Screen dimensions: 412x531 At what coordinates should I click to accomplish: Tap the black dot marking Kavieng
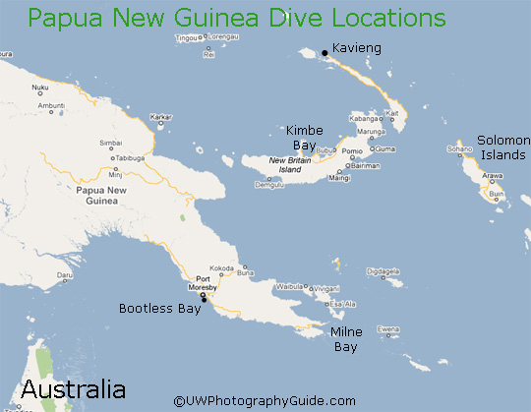click(x=324, y=53)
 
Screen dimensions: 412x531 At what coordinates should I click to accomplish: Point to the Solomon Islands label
click(x=501, y=147)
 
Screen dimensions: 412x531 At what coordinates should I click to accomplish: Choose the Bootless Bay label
click(x=159, y=308)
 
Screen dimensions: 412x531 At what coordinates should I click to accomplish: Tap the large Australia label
click(x=74, y=388)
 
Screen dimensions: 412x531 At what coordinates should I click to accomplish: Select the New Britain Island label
click(x=291, y=164)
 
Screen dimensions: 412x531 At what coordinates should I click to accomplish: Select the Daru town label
click(x=65, y=275)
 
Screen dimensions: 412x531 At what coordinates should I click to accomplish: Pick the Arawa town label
click(x=492, y=177)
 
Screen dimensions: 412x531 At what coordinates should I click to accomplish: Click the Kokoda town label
click(x=222, y=267)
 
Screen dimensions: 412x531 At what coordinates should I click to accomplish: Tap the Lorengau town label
click(x=224, y=35)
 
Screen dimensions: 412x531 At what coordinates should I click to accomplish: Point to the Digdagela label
click(x=383, y=270)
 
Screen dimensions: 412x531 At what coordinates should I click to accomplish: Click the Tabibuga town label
click(x=130, y=157)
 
